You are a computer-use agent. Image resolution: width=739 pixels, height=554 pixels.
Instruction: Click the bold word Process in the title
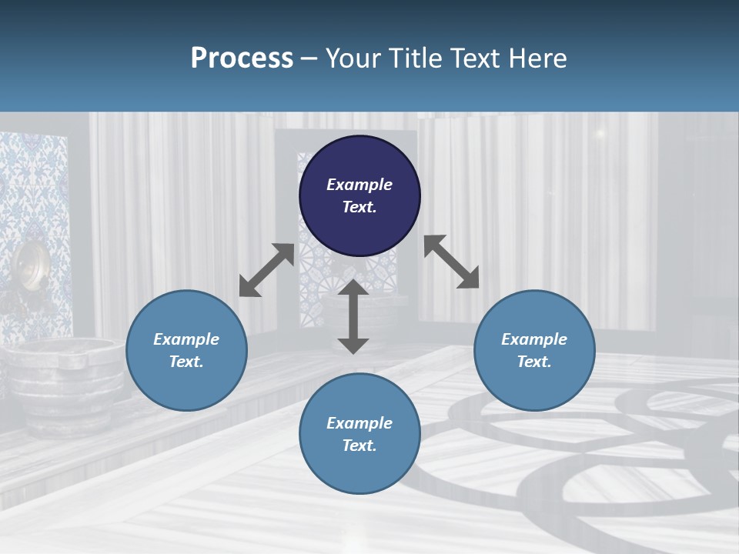242,58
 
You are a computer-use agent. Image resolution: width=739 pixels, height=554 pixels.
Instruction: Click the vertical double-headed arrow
353,316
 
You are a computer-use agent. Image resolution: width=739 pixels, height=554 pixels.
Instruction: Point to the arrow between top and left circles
266,270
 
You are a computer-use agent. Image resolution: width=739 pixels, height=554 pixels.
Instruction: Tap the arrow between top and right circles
451,262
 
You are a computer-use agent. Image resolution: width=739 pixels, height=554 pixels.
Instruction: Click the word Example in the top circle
359,185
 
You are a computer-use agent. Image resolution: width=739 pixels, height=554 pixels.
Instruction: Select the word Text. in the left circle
186,362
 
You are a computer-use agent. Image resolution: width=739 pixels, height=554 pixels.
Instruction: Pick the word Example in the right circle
534,339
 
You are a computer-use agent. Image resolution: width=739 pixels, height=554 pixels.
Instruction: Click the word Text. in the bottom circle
359,446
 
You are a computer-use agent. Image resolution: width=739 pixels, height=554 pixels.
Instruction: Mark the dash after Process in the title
309,58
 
